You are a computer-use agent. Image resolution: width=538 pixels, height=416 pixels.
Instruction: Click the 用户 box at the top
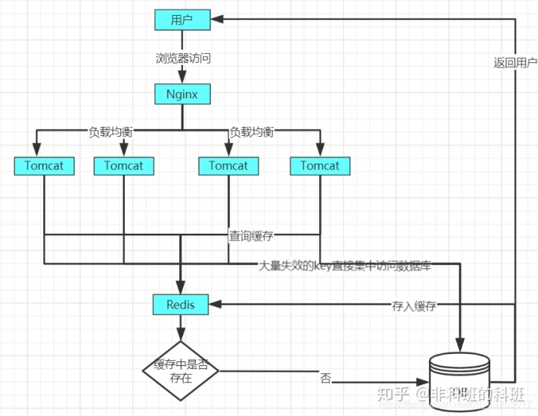182,19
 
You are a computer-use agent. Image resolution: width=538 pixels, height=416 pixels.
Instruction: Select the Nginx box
182,94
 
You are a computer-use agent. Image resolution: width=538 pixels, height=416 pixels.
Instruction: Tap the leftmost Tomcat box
45,166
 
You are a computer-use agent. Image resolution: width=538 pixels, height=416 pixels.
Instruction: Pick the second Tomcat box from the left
124,166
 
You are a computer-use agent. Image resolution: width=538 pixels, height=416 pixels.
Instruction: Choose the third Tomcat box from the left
229,166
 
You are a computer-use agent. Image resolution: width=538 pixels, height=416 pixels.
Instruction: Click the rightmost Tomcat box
320,166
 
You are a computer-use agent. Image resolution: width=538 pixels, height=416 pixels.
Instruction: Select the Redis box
180,305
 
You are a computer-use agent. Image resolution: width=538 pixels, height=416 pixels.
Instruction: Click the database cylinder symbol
460,381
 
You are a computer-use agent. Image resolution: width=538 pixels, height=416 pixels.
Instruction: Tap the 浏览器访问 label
182,57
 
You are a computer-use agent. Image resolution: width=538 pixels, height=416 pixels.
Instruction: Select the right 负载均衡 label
252,132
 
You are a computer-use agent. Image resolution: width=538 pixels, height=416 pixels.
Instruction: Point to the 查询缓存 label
251,236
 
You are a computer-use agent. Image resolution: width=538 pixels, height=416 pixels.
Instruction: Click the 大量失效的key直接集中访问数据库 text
344,265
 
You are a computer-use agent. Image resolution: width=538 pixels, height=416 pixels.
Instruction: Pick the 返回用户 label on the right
516,63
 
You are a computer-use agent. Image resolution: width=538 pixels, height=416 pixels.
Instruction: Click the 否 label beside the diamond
326,378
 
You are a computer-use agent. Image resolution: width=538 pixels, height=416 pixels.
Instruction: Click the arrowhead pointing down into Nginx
182,79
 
